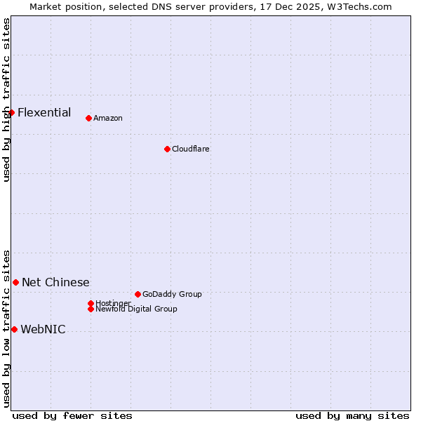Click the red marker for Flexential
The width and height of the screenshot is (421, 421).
pos(11,112)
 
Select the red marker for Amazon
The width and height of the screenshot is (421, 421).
pos(88,118)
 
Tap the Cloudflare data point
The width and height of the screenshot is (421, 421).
pos(167,149)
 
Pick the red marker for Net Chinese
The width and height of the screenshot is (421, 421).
pos(15,282)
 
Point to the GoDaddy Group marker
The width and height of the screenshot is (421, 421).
pos(138,294)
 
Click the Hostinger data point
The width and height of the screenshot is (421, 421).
pos(91,303)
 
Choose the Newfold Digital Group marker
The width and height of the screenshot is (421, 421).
pos(91,309)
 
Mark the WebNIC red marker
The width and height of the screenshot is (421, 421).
pos(14,329)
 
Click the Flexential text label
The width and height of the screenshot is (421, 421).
pos(44,112)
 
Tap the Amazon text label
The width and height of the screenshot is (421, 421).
pos(108,118)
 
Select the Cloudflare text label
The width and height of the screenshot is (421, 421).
pos(191,149)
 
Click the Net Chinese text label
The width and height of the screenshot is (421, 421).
pos(55,282)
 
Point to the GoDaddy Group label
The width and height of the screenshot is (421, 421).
pos(172,294)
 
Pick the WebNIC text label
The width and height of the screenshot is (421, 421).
pos(43,329)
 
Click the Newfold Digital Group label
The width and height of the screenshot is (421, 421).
pos(136,309)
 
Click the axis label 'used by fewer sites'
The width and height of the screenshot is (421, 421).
pos(72,415)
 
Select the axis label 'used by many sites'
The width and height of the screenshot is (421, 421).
pos(352,415)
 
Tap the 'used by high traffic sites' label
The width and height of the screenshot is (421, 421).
pos(6,100)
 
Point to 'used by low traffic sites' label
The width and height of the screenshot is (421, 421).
pos(6,328)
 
